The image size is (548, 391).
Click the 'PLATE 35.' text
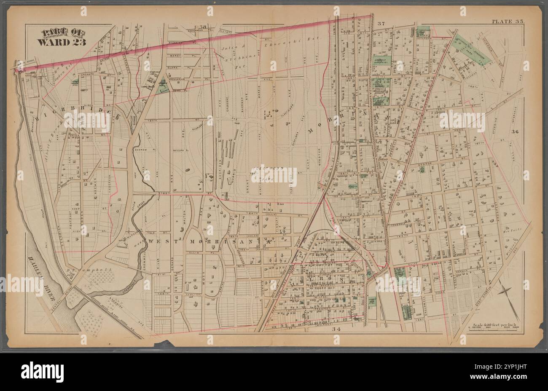[x=507, y=21]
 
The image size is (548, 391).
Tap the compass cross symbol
[x=505, y=293]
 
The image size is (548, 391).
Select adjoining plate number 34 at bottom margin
[x=336, y=329]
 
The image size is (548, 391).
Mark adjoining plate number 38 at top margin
[x=204, y=28]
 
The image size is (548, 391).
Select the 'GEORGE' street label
[x=426, y=163]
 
